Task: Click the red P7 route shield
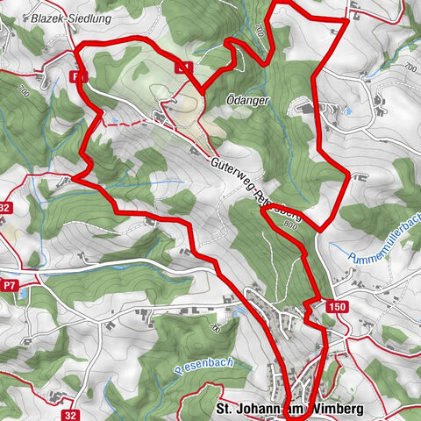pyautogui.click(x=10, y=285)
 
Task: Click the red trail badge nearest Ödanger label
pyautogui.click(x=183, y=66)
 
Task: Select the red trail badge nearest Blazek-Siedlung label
pyautogui.click(x=80, y=77)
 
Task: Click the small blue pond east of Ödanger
pyautogui.click(x=348, y=112)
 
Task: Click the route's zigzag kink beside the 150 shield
pyautogui.click(x=309, y=305)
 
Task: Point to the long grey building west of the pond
pyautogui.click(x=303, y=109)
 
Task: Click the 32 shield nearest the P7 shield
pyautogui.click(x=5, y=208)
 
